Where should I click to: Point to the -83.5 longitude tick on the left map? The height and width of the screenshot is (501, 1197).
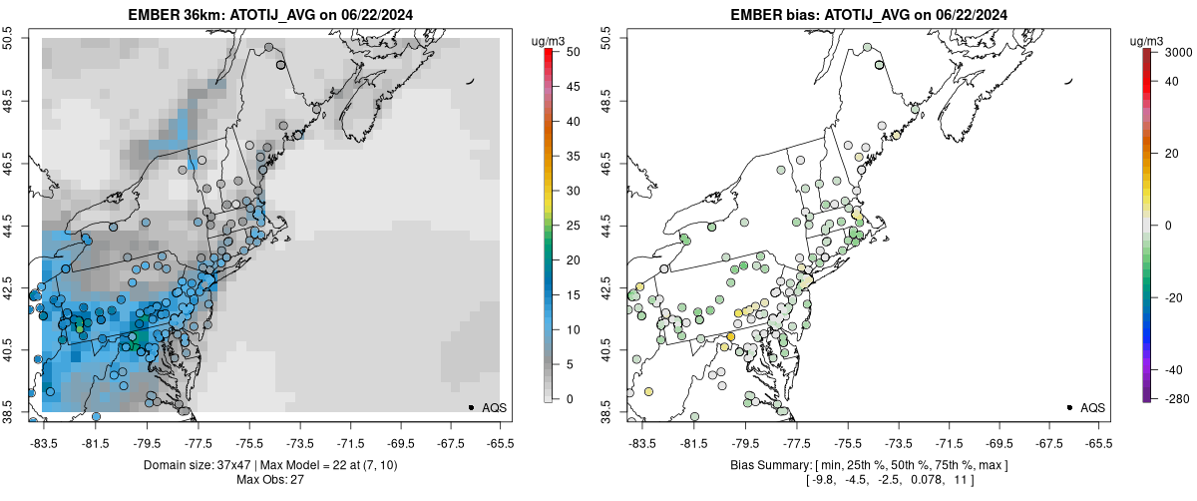click(44, 444)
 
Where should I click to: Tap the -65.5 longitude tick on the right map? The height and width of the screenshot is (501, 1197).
click(1097, 444)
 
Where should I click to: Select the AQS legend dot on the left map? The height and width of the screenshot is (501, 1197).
click(470, 407)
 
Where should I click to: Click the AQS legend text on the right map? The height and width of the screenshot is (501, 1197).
click(1092, 407)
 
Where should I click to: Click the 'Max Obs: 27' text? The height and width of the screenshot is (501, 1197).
click(269, 480)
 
